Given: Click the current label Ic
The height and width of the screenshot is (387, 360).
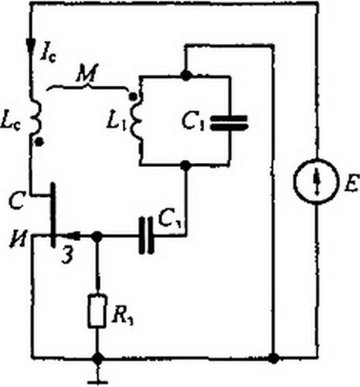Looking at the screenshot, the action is click(48, 55).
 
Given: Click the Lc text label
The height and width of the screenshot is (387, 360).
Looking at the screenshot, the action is click(10, 123).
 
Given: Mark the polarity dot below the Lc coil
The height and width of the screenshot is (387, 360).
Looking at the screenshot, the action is click(39, 141).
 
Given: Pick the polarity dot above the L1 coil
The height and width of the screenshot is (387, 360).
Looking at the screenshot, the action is click(132, 97).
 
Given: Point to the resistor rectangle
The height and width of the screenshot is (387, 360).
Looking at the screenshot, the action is click(97, 311).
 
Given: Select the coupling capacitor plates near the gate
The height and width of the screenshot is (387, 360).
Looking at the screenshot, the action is click(146, 236).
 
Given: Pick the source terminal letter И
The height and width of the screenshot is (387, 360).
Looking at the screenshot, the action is click(18, 242).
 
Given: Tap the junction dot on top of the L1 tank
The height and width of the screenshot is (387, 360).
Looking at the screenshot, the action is click(186, 75).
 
